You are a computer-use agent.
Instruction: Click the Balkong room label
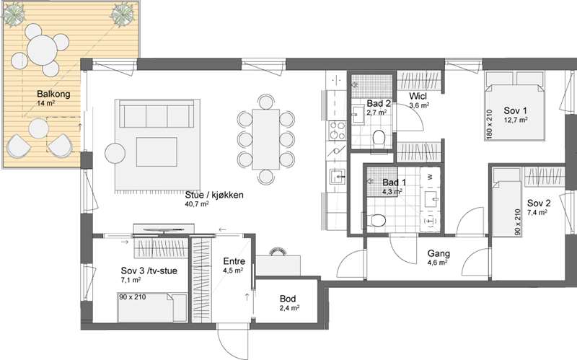53,94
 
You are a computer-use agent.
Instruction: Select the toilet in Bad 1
375,221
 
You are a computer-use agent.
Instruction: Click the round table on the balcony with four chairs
43,50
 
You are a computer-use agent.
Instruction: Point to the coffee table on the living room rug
157,152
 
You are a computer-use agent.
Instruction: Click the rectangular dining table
265,139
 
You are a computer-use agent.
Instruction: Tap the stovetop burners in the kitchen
338,131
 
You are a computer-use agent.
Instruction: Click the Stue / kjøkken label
214,195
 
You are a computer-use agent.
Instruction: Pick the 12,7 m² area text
516,119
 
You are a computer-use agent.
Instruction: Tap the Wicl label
418,97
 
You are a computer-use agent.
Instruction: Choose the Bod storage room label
288,299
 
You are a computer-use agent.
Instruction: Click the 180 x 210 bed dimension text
489,124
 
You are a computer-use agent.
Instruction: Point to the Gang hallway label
439,253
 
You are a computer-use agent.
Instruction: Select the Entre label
234,261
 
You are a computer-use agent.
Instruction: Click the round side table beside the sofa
115,154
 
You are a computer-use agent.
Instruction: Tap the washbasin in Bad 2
357,115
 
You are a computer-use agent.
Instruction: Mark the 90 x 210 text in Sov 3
132,297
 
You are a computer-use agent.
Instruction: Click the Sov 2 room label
539,203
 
